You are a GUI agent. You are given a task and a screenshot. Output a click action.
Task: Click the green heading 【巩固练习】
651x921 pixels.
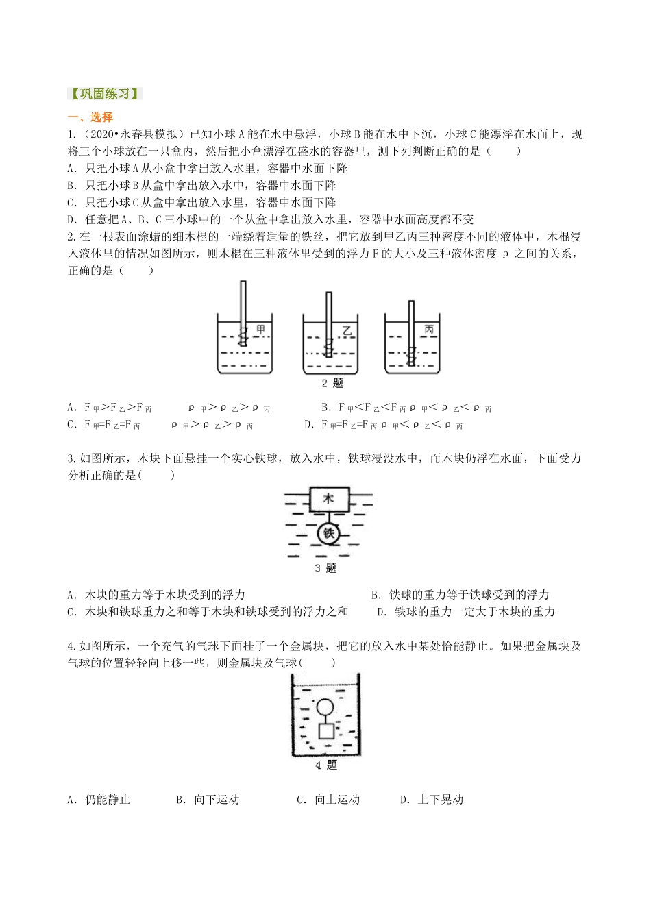pyautogui.click(x=105, y=94)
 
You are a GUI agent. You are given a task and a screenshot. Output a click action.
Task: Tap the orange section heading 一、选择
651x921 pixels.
pyautogui.click(x=90, y=117)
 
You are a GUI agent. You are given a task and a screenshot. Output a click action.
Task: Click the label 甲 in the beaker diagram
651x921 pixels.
pyautogui.click(x=261, y=328)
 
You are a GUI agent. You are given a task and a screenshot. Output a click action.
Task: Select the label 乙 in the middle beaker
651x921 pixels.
pyautogui.click(x=347, y=330)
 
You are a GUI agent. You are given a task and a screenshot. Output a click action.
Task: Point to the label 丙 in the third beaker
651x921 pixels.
pyautogui.click(x=429, y=329)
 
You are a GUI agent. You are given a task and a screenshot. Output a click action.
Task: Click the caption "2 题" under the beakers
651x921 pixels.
pyautogui.click(x=332, y=383)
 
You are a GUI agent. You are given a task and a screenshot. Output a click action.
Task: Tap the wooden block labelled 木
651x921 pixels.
pyautogui.click(x=329, y=499)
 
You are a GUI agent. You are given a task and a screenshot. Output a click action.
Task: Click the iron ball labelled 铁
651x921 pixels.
pyautogui.click(x=329, y=534)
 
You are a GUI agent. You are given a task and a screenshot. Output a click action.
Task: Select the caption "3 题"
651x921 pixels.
pyautogui.click(x=325, y=568)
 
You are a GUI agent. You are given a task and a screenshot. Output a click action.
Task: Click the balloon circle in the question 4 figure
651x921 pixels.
pyautogui.click(x=325, y=707)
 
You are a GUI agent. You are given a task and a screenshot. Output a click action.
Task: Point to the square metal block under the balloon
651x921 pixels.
pyautogui.click(x=326, y=731)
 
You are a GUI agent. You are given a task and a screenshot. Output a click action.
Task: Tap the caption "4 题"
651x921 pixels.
pyautogui.click(x=326, y=765)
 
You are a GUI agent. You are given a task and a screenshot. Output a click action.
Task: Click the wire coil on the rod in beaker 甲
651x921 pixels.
pyautogui.click(x=243, y=336)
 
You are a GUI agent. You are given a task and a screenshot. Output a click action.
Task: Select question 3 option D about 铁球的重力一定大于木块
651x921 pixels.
pyautogui.click(x=467, y=612)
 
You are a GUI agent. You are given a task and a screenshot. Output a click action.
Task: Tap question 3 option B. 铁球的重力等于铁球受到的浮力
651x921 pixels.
pyautogui.click(x=460, y=595)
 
